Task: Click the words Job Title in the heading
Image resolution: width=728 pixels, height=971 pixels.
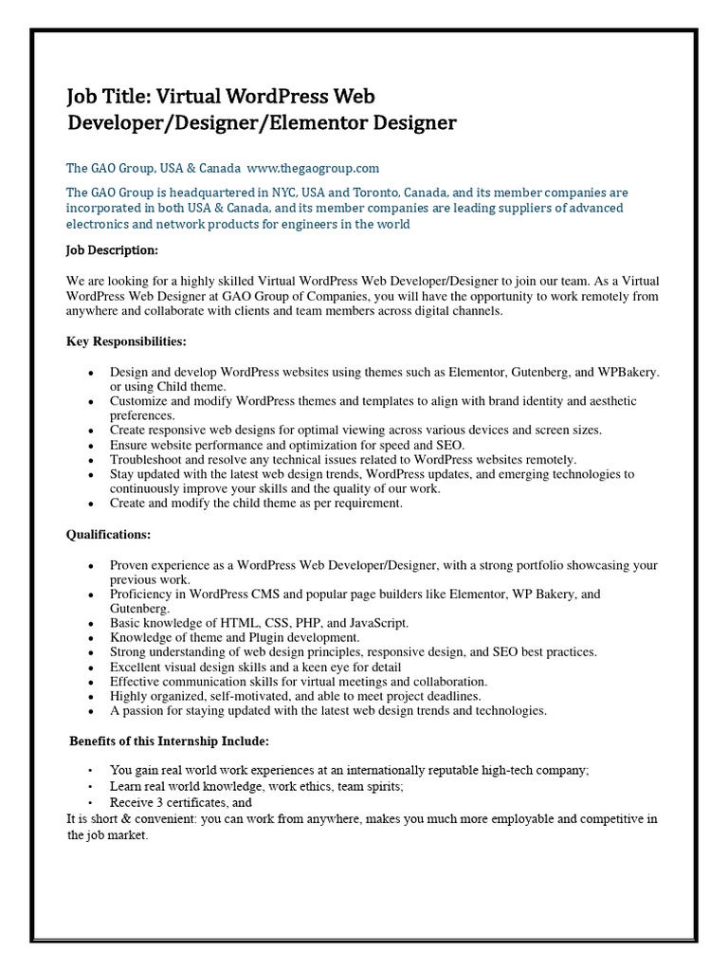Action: click(x=105, y=96)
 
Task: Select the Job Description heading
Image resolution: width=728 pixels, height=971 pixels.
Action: click(x=112, y=250)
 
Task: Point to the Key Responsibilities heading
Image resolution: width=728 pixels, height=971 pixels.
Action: click(x=126, y=341)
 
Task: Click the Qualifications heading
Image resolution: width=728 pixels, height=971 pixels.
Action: click(x=108, y=535)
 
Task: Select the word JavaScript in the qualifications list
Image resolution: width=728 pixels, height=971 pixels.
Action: click(x=378, y=623)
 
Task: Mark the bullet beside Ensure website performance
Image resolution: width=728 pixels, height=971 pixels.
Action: click(x=90, y=445)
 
